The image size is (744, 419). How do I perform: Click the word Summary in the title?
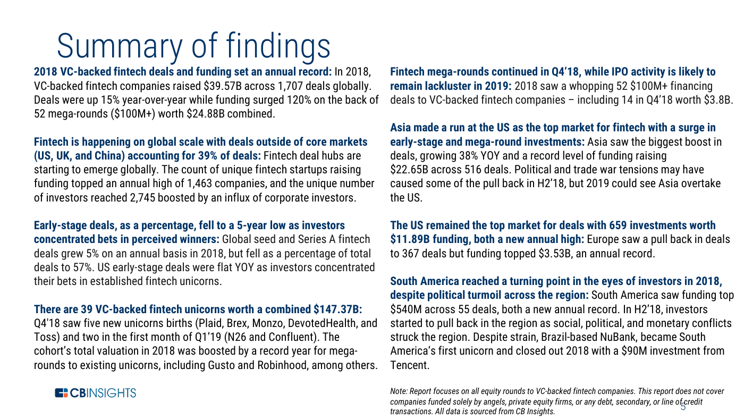120,46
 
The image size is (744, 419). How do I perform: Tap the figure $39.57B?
223,86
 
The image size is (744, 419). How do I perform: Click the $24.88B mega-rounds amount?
206,114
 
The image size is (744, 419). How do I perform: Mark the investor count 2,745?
142,198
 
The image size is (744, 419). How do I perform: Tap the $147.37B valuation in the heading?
337,309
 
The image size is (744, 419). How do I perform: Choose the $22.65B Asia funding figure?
409,170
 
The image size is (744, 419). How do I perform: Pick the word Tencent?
410,365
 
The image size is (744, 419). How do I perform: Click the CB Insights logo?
96,393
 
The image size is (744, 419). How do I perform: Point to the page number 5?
683,407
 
